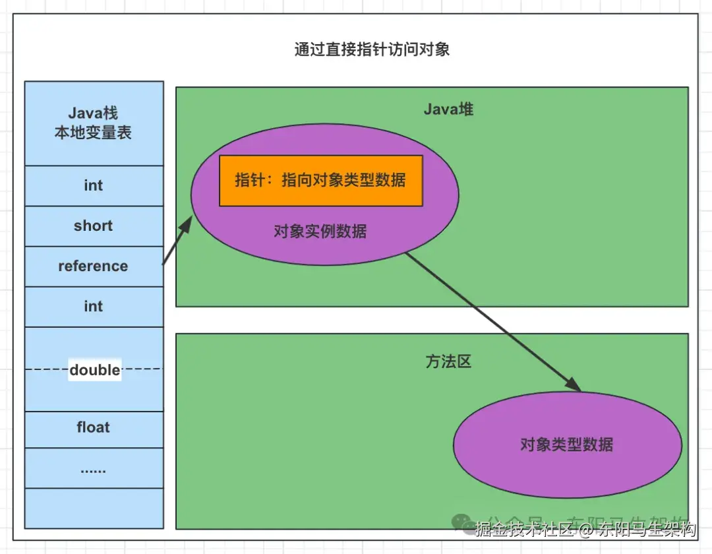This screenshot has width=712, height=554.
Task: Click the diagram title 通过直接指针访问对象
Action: pos(372,49)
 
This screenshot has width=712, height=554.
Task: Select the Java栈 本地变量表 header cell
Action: pos(94,123)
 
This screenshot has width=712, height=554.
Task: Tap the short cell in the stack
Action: pos(94,226)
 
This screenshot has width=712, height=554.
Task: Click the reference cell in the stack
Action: pos(94,266)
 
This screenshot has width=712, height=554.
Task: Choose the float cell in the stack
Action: pos(94,427)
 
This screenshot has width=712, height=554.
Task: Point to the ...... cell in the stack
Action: pos(94,469)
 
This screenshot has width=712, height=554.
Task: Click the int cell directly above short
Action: pos(94,185)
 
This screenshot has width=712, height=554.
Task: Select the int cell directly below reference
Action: pos(94,307)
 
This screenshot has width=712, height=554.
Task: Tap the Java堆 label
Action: pos(448,109)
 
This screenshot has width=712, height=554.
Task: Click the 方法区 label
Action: pos(448,362)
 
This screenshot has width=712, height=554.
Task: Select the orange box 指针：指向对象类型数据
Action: pos(320,180)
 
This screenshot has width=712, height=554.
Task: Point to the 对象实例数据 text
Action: pos(320,231)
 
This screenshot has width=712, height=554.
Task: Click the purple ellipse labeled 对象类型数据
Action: pos(567,444)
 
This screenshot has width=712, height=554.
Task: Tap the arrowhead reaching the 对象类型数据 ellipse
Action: pos(574,386)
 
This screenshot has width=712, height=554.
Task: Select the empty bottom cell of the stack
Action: pos(94,508)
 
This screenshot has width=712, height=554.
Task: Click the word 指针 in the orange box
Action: pos(249,180)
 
